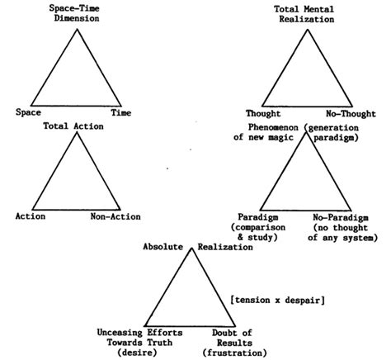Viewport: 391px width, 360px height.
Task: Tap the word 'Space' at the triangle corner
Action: [x=27, y=112]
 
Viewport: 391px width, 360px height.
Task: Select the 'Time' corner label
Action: [x=120, y=112]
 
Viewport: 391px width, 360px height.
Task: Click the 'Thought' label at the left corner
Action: [x=264, y=112]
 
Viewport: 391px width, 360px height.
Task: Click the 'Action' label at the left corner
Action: [x=31, y=216]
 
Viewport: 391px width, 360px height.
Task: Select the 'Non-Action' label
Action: [x=116, y=216]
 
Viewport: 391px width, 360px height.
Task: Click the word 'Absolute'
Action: [x=166, y=246]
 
